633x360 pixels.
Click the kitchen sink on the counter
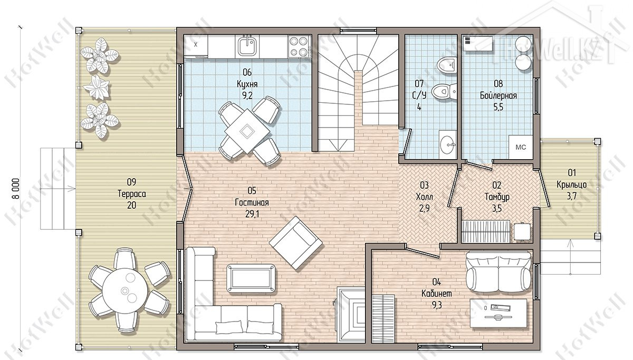point(248,46)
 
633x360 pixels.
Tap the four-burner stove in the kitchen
point(299,46)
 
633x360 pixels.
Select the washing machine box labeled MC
point(521,147)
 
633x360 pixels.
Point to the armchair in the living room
point(296,243)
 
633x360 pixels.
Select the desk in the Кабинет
point(498,314)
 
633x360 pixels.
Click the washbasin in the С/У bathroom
point(448,144)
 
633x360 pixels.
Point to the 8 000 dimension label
point(16,189)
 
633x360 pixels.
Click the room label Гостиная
point(252,202)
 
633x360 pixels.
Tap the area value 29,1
point(252,215)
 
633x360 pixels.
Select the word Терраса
point(132,194)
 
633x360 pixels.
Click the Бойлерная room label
point(498,95)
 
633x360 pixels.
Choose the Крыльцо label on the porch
point(571,184)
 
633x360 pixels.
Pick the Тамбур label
point(497,197)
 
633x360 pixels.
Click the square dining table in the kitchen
point(247,131)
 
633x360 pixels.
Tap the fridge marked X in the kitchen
point(196,45)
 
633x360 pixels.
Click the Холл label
point(425,197)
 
